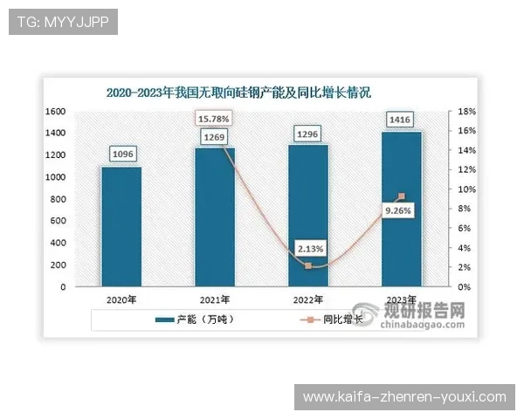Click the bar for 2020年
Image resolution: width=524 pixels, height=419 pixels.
click(x=121, y=226)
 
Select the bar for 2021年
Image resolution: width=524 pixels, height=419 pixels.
click(x=215, y=216)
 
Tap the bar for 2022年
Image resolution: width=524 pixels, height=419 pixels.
click(x=308, y=215)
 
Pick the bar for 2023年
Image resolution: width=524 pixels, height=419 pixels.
click(x=402, y=209)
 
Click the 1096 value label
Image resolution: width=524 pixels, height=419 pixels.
click(x=121, y=155)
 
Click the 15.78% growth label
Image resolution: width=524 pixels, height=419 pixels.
click(x=214, y=118)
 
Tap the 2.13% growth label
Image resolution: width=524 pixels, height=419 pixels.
click(x=308, y=247)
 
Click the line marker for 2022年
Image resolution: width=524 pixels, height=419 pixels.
click(x=308, y=265)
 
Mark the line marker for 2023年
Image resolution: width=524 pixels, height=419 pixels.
click(x=402, y=196)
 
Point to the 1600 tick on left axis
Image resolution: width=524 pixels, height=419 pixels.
click(x=56, y=112)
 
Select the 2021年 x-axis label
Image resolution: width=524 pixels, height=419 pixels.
click(x=215, y=299)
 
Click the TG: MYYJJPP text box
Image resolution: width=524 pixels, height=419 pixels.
click(x=62, y=22)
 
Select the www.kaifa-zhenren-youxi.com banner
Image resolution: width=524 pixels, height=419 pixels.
click(x=404, y=397)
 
